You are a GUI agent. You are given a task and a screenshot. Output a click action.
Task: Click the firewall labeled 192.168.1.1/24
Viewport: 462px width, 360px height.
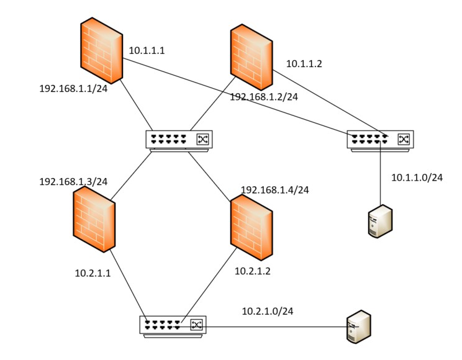click(x=102, y=52)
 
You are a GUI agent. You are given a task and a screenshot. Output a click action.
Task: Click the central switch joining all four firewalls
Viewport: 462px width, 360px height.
click(x=179, y=140)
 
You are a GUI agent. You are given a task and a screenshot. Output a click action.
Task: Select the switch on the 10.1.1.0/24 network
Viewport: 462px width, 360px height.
click(x=380, y=140)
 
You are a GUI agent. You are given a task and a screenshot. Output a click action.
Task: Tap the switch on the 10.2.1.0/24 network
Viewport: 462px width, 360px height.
click(x=173, y=325)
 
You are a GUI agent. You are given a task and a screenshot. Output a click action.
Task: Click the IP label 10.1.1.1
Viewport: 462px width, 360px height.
click(x=147, y=50)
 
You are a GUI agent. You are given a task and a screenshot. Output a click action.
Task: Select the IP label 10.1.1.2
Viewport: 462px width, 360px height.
click(x=304, y=64)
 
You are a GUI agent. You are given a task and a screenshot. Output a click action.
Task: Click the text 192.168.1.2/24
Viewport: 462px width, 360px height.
click(x=264, y=97)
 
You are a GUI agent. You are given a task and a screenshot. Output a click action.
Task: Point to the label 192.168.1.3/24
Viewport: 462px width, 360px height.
click(x=73, y=182)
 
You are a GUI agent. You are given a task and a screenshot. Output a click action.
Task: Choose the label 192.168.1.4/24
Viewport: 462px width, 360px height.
click(x=274, y=190)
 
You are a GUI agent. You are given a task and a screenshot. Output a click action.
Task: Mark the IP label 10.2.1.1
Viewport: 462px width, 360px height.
click(x=93, y=272)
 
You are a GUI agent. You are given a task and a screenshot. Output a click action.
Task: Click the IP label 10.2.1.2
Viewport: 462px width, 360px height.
click(x=253, y=271)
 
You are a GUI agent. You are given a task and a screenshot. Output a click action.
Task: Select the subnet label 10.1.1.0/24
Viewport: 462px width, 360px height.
click(x=417, y=178)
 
